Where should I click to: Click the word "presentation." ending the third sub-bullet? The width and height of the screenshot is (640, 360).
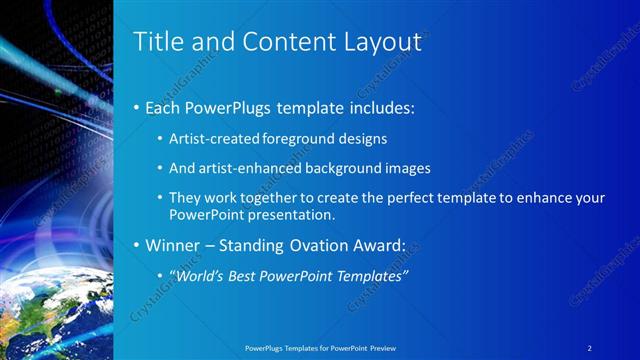[x=288, y=214]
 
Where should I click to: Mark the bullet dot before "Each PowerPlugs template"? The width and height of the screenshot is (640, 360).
[x=137, y=107]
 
